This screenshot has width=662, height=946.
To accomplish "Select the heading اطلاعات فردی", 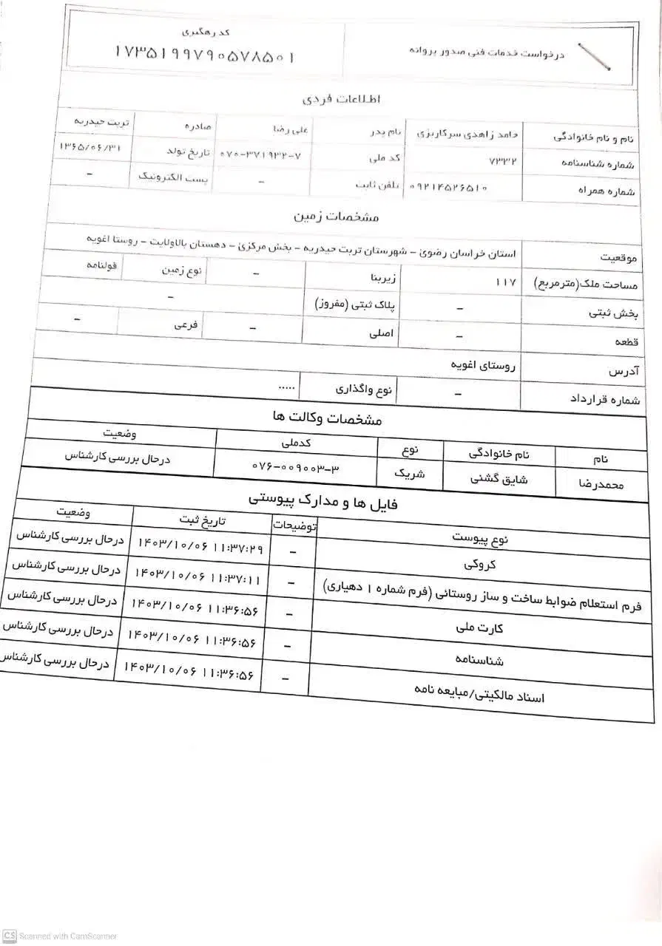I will pos(341,98).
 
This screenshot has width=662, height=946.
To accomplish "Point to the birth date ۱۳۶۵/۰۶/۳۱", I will pos(89,147).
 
